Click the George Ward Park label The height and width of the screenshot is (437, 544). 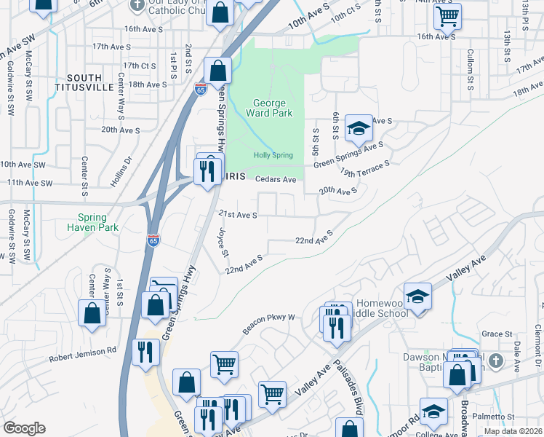click(269, 108)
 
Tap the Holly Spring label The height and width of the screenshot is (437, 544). click(273, 155)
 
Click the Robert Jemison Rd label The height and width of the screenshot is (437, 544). click(82, 355)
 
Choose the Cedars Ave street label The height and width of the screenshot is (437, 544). click(276, 179)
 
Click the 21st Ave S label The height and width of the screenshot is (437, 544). click(238, 215)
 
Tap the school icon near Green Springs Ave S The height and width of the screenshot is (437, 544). click(358, 128)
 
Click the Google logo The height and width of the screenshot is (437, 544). click(24, 428)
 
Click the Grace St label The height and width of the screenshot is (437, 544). click(497, 334)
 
